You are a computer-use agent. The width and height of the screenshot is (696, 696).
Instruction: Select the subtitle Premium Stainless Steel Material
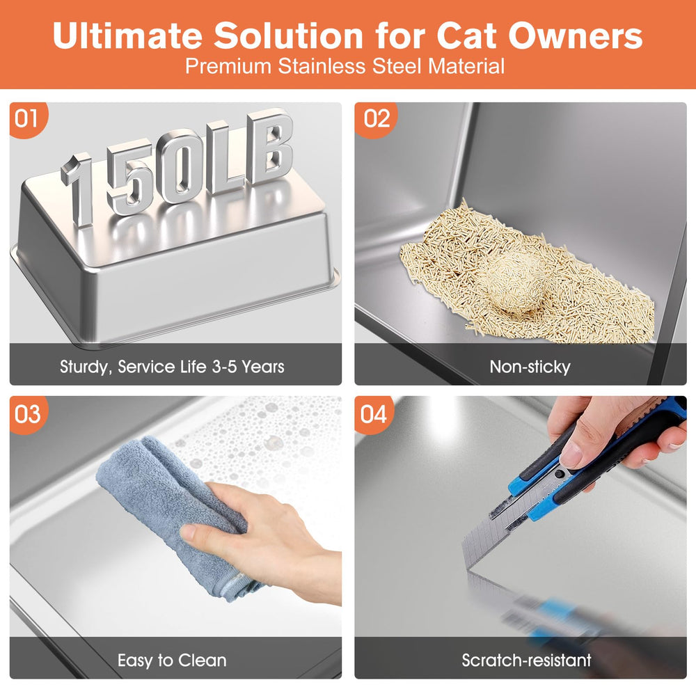click(345, 67)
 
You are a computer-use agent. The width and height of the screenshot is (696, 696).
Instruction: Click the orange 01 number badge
click(26, 119)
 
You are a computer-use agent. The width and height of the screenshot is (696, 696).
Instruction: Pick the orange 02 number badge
click(376, 119)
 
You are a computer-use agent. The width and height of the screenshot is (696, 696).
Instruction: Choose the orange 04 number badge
click(373, 414)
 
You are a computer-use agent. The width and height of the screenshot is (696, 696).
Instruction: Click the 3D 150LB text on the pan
click(177, 167)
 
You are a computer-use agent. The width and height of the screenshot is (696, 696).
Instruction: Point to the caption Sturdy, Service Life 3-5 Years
click(172, 366)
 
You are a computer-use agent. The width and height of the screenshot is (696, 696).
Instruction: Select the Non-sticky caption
click(529, 366)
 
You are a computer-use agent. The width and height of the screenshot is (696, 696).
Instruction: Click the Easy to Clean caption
click(172, 660)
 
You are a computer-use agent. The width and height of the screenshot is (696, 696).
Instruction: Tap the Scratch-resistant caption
click(526, 660)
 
